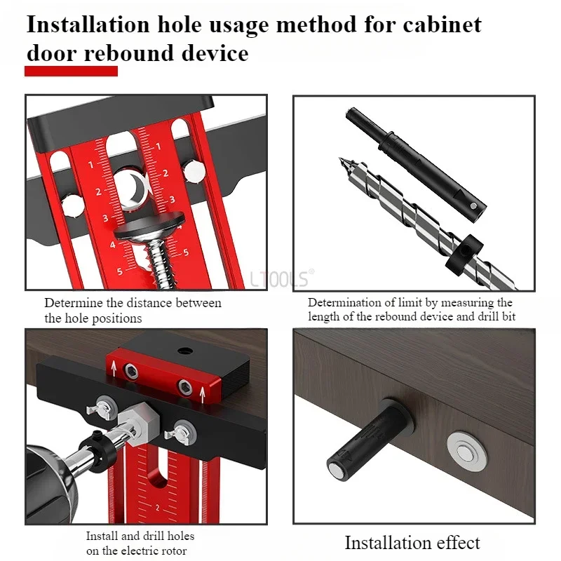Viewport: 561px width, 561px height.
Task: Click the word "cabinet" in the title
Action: [x=442, y=25]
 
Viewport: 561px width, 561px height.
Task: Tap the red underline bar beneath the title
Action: [x=72, y=71]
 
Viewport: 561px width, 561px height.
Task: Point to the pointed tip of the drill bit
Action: [x=339, y=158]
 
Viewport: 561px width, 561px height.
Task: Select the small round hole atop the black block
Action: [x=185, y=350]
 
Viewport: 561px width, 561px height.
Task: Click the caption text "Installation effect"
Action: [x=412, y=542]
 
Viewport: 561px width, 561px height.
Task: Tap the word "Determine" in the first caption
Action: [x=74, y=303]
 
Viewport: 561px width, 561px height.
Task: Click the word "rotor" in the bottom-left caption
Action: [x=174, y=550]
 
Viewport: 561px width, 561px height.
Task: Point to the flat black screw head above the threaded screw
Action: [x=149, y=227]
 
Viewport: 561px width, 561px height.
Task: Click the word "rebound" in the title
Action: [x=129, y=54]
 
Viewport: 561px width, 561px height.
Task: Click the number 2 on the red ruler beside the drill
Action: [x=157, y=508]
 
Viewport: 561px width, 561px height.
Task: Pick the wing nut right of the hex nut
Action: [x=180, y=433]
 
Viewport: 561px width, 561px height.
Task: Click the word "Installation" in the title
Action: [x=88, y=25]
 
